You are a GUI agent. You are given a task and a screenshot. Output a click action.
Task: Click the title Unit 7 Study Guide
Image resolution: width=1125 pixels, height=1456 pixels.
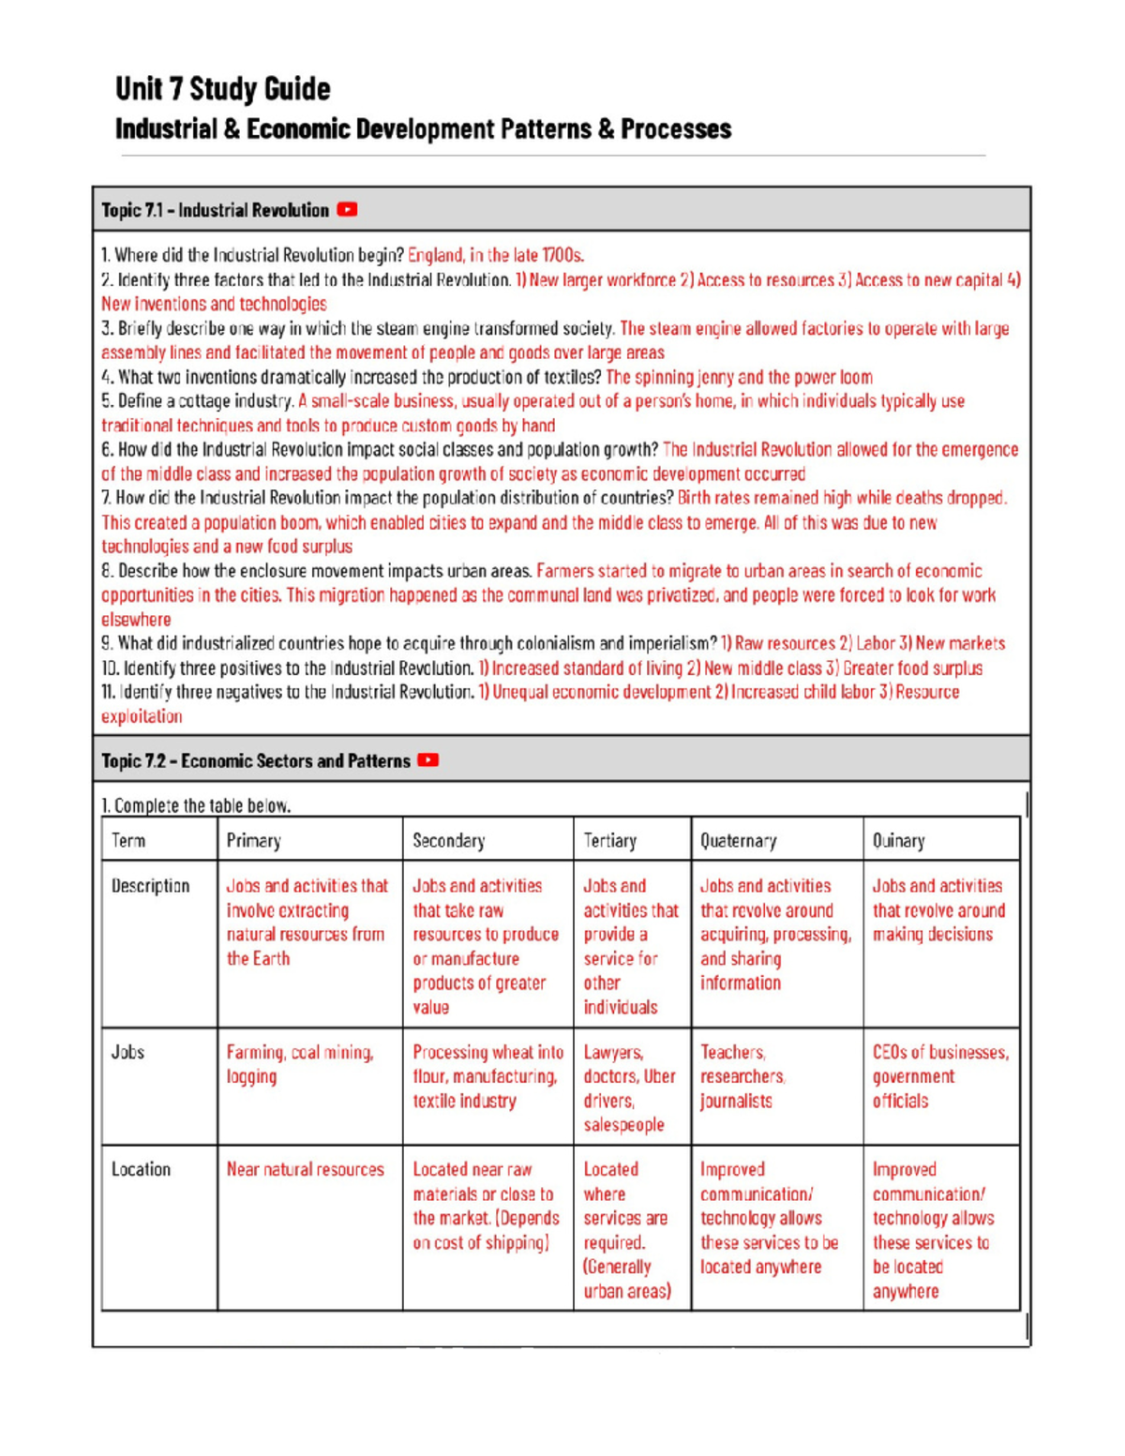tap(222, 89)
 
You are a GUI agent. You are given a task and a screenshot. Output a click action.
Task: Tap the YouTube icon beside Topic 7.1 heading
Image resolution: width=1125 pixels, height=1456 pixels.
tap(347, 210)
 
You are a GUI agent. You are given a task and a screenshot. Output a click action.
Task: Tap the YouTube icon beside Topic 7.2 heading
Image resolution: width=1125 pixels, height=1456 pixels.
tap(428, 760)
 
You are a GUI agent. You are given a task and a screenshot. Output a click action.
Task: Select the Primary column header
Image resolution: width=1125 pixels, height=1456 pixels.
tap(253, 840)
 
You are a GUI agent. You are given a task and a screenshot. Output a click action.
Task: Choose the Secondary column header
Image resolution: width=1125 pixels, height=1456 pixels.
tap(448, 840)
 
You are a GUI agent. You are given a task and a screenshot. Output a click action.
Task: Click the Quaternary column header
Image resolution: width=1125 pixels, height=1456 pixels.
tap(738, 840)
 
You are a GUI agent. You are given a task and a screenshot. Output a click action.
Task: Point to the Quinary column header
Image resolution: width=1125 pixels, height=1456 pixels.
tap(898, 840)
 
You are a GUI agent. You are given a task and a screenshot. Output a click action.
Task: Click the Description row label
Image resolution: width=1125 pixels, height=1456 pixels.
tap(150, 886)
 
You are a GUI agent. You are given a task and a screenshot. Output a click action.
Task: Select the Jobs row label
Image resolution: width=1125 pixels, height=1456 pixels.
tap(127, 1052)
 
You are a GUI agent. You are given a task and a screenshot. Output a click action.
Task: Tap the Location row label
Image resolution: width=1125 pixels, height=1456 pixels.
tap(141, 1169)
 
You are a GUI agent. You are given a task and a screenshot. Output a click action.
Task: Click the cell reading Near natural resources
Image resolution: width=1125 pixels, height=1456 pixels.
tap(305, 1169)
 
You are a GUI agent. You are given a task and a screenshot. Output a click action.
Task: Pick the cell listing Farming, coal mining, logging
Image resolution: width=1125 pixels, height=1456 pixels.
tap(300, 1064)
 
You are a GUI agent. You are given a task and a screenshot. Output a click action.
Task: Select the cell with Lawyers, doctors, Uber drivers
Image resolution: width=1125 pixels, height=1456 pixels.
tap(629, 1088)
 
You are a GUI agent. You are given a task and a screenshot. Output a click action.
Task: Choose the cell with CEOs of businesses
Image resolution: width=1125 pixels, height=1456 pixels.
tap(940, 1076)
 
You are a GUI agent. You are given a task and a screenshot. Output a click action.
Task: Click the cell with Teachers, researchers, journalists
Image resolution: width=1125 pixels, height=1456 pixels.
tap(742, 1076)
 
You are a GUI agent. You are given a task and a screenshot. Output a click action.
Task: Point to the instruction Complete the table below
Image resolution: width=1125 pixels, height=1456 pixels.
tap(196, 805)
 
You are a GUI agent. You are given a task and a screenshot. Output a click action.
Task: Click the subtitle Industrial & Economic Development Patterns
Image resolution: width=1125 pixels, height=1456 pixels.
tap(423, 129)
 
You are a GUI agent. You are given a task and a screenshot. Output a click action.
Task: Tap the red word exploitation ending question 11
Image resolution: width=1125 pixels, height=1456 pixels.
tap(142, 716)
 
